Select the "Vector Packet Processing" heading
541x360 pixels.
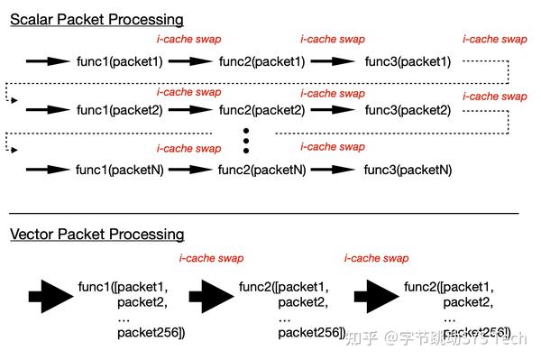point(97,235)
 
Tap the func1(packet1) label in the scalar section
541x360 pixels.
point(119,61)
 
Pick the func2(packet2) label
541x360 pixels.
point(261,110)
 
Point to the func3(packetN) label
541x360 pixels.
point(408,170)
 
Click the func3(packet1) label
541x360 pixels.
point(408,61)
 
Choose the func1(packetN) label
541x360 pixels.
point(119,170)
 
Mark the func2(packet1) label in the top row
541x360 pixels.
point(261,61)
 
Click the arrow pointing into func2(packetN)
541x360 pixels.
point(190,170)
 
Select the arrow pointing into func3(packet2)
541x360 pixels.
point(334,110)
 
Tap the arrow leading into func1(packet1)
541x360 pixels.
point(48,61)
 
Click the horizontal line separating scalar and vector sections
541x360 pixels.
point(261,212)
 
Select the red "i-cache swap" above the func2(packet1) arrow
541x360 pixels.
point(189,40)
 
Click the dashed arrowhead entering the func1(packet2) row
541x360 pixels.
point(14,100)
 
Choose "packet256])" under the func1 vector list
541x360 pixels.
point(150,333)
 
